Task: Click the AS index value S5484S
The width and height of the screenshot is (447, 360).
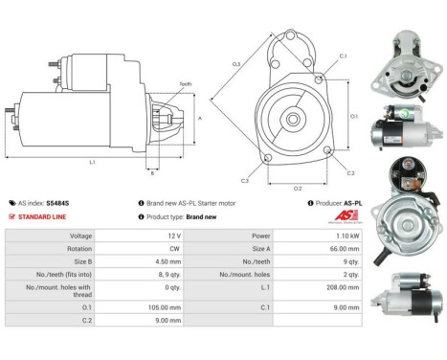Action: pos(59,203)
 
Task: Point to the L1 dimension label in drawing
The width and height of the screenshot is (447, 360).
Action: pos(92,163)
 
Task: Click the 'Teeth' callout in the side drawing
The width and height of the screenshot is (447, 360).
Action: pos(185,84)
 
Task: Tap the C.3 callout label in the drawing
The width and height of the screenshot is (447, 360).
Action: pos(245,180)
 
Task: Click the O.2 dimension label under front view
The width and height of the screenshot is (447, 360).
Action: pos(298,188)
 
